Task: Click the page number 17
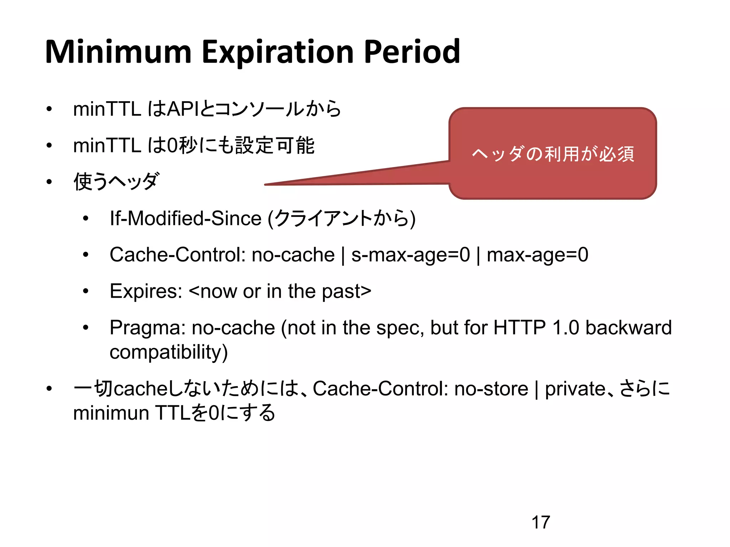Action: coord(540,522)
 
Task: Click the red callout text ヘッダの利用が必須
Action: coord(553,154)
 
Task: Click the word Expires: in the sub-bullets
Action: coord(146,291)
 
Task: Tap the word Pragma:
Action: coord(147,328)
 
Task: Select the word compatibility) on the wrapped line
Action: coord(168,352)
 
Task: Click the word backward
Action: coord(628,328)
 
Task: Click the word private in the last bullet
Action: coord(575,389)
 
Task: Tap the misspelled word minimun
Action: coord(111,413)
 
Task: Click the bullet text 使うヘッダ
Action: coord(116,181)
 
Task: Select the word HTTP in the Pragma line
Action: coord(519,328)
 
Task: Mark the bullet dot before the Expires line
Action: coord(86,291)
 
